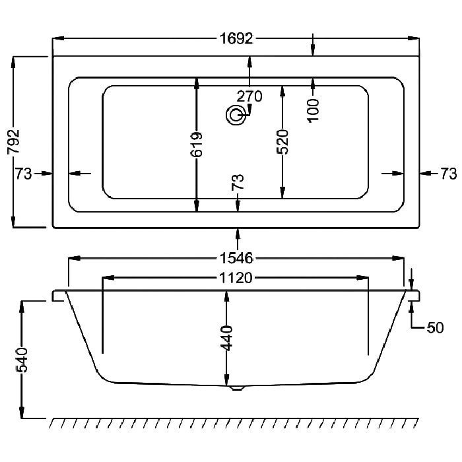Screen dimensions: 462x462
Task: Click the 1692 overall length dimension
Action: click(236, 38)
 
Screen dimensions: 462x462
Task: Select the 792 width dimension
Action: click(14, 141)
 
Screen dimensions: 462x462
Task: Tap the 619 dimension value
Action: click(197, 145)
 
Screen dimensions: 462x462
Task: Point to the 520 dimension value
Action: click(282, 142)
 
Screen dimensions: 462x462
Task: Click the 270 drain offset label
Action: click(249, 96)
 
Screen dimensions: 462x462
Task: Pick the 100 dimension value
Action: click(313, 110)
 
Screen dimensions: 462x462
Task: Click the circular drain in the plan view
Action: click(236, 115)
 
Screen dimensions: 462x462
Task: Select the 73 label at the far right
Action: click(448, 174)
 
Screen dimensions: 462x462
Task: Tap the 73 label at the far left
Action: click(23, 174)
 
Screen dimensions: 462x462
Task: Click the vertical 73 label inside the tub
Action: click(238, 182)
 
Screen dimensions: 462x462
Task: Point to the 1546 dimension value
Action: click(236, 259)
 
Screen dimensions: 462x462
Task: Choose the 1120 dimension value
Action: click(236, 278)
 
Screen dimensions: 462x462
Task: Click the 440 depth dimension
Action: click(226, 338)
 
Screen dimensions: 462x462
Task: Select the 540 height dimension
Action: click(22, 360)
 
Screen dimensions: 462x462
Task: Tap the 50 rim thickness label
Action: click(435, 327)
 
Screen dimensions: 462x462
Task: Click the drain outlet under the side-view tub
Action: click(236, 388)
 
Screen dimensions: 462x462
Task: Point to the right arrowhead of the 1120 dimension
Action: click(362, 278)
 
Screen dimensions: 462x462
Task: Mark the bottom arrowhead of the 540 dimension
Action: click(22, 412)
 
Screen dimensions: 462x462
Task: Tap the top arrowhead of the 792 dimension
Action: click(13, 62)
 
